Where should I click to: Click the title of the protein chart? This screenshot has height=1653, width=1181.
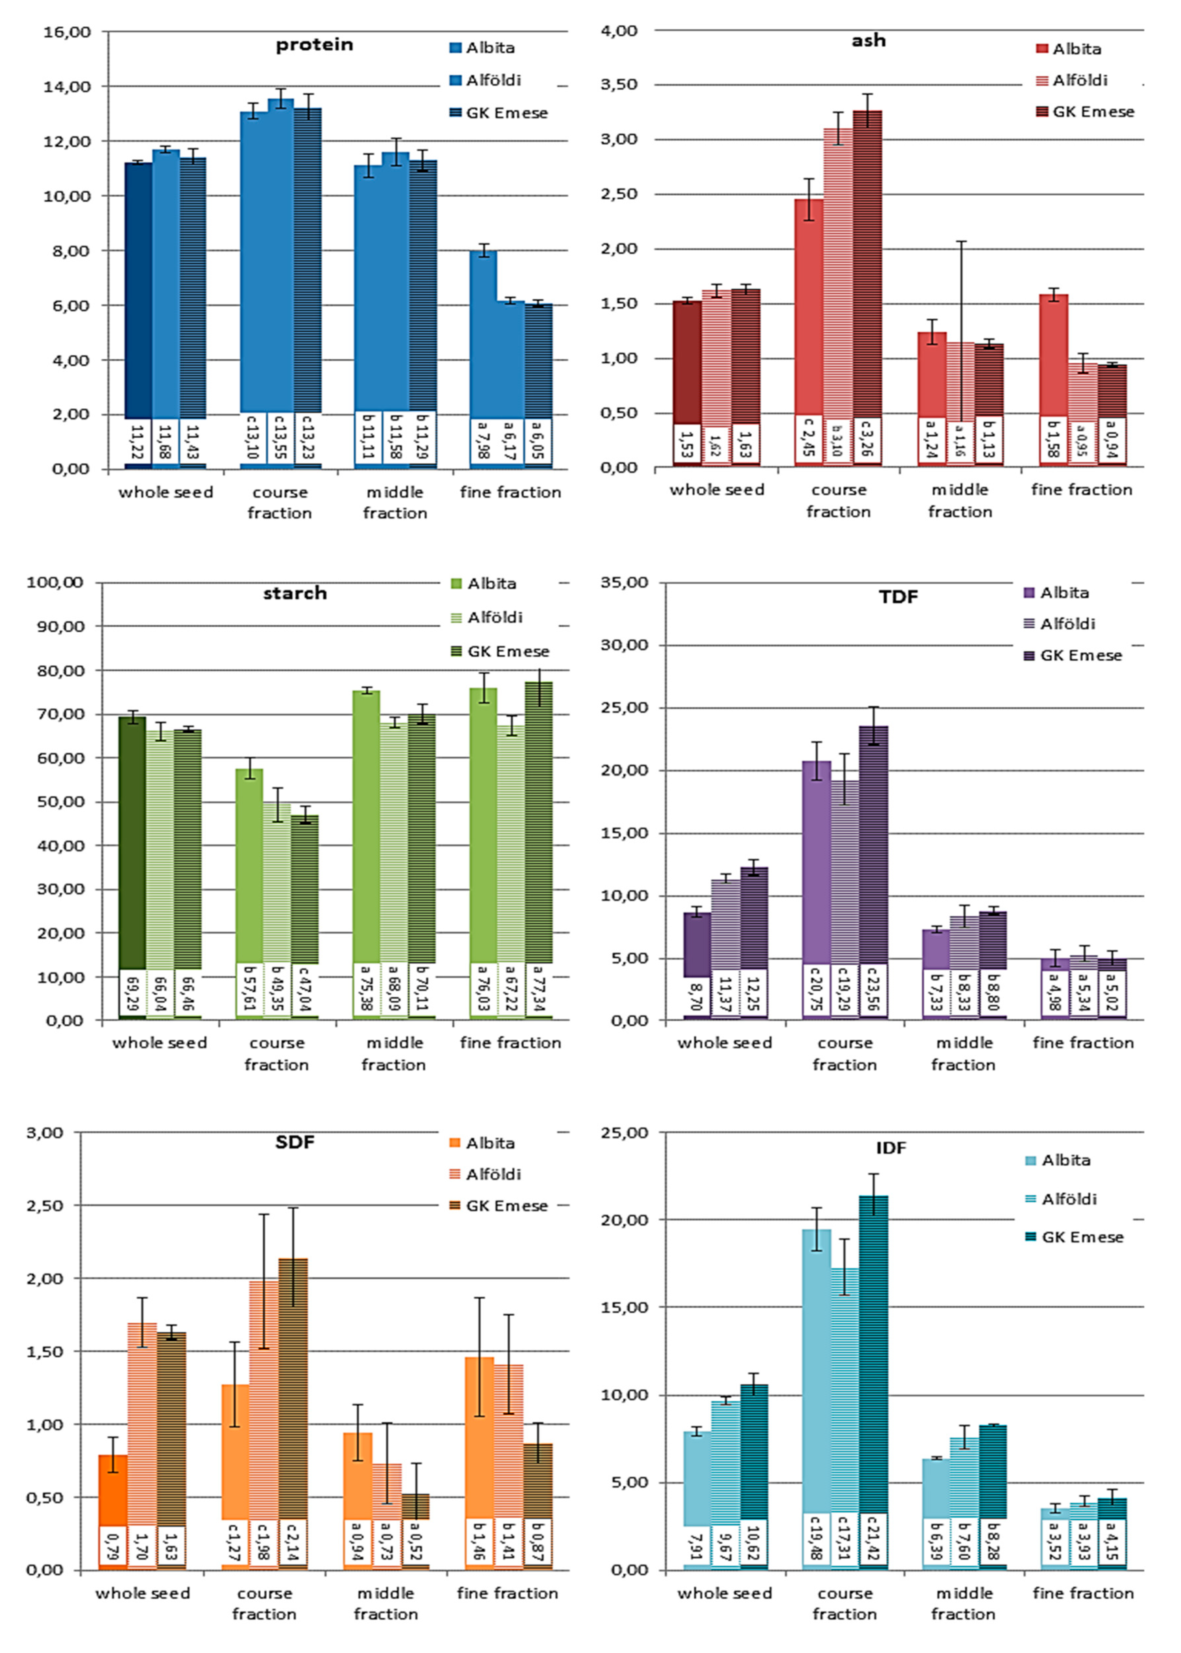coord(314,45)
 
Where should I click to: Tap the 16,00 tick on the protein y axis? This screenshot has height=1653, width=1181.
coord(67,32)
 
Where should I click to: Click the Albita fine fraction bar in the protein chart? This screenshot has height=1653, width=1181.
coord(483,334)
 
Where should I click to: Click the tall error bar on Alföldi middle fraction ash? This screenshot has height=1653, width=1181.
coord(961,291)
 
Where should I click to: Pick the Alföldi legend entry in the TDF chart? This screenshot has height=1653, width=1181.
coord(1066,624)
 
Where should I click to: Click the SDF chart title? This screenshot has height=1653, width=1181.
coord(294,1142)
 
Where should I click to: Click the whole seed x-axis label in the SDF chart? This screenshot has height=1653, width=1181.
coord(143,1593)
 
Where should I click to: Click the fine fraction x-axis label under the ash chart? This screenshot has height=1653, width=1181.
coord(1082,490)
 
